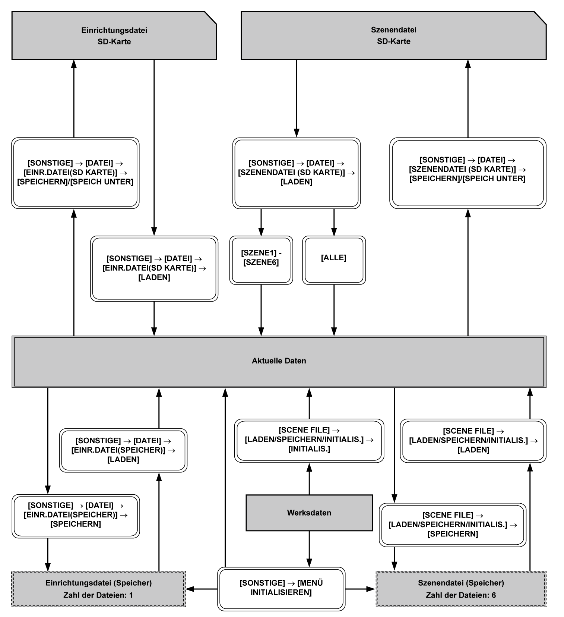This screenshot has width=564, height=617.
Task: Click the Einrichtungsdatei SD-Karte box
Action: coord(114,36)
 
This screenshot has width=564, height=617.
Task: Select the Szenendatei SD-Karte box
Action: coord(393,36)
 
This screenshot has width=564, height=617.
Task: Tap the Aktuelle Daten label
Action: coord(279,361)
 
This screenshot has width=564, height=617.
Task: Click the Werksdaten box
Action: coord(309,513)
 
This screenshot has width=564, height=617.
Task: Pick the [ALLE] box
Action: coord(334,260)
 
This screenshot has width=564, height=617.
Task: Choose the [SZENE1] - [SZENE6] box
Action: coord(261,260)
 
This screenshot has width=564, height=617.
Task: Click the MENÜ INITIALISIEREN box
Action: coord(281,589)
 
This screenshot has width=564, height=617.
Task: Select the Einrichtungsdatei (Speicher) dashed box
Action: coord(98,589)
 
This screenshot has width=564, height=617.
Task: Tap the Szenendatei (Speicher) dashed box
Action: coord(461,589)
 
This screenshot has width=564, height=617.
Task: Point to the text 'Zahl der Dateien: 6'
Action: coord(461,595)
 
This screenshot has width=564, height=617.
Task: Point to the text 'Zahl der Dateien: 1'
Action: coord(98,595)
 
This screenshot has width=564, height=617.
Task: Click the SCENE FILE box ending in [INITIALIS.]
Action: coord(309,440)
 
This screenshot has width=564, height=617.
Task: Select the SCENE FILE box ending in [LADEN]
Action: coord(473,440)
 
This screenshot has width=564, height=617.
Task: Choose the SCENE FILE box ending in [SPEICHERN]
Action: coord(453,525)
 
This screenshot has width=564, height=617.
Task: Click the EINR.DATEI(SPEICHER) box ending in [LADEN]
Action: coord(123,450)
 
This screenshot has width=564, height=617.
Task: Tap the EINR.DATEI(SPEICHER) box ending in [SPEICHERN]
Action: coord(76,516)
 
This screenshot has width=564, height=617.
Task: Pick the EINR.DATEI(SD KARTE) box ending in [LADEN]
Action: coord(154,268)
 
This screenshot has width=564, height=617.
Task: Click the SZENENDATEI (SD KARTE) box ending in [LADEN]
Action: coord(297,173)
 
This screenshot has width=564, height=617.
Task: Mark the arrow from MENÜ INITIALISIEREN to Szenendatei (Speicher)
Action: coord(360,589)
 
